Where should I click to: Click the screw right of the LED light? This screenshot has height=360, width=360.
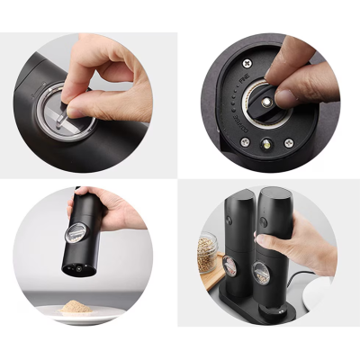point(288,142)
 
